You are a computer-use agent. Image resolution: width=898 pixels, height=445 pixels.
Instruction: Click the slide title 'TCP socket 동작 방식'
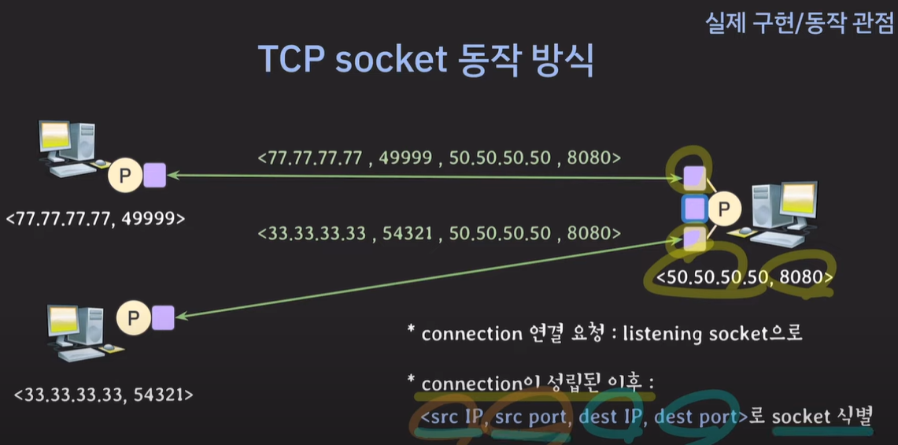pos(426,60)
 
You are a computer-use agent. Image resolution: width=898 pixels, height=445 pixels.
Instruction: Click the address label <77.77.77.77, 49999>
pos(95,218)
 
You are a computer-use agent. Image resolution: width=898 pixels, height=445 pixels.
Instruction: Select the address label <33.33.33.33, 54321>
pos(102,393)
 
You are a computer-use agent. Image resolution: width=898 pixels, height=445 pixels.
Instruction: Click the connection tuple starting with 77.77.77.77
pos(439,158)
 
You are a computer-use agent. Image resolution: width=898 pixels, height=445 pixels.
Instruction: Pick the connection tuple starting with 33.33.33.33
pos(439,233)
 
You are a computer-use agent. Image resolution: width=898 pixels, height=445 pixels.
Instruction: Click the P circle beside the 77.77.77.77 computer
pos(124,176)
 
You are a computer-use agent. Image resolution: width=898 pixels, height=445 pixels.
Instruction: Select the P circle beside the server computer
pos(724,209)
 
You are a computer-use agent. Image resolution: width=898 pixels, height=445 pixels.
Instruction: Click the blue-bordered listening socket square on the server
pos(693,208)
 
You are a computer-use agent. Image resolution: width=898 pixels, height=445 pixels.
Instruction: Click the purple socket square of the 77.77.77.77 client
pos(155,175)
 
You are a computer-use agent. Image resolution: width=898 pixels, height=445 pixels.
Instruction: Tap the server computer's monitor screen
pos(796,201)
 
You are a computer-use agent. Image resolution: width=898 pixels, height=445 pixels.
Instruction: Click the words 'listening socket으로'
pos(712,333)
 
